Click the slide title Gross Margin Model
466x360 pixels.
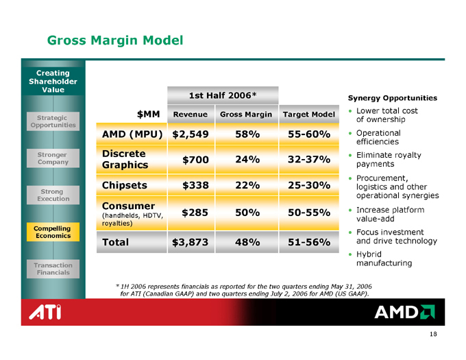click(115, 40)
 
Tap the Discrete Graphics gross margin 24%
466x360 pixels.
click(246, 159)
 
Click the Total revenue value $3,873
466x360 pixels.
click(191, 242)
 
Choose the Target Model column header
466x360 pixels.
click(308, 113)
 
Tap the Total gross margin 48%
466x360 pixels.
click(246, 242)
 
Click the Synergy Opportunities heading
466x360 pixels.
click(393, 97)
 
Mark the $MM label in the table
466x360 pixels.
click(150, 113)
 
